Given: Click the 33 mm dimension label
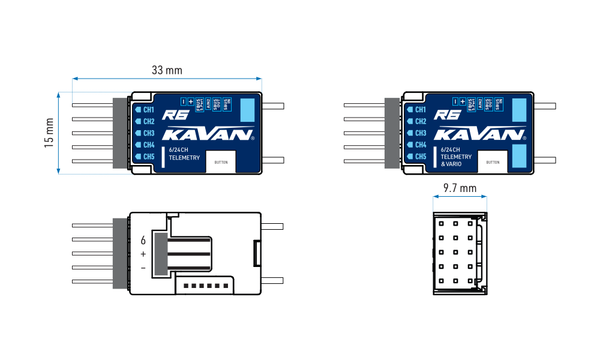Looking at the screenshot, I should pyautogui.click(x=167, y=70).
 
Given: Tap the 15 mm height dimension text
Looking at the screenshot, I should pyautogui.click(x=49, y=133).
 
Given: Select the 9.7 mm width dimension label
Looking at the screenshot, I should pyautogui.click(x=460, y=188).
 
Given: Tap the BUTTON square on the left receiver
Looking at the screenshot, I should pyautogui.click(x=221, y=162).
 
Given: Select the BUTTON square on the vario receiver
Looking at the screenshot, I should pyautogui.click(x=493, y=162).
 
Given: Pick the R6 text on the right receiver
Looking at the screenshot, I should pyautogui.click(x=445, y=115).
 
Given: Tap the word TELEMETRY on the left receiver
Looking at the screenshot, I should pyautogui.click(x=185, y=157).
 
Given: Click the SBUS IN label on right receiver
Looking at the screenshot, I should pyautogui.click(x=498, y=103).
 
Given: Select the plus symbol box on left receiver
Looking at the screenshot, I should pyautogui.click(x=191, y=102).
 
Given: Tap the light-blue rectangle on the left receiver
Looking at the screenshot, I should pyautogui.click(x=248, y=111).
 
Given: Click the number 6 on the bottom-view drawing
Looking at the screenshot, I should pyautogui.click(x=143, y=241).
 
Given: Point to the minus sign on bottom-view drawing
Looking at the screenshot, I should pyautogui.click(x=143, y=268).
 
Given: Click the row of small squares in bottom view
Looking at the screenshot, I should pyautogui.click(x=205, y=286).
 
